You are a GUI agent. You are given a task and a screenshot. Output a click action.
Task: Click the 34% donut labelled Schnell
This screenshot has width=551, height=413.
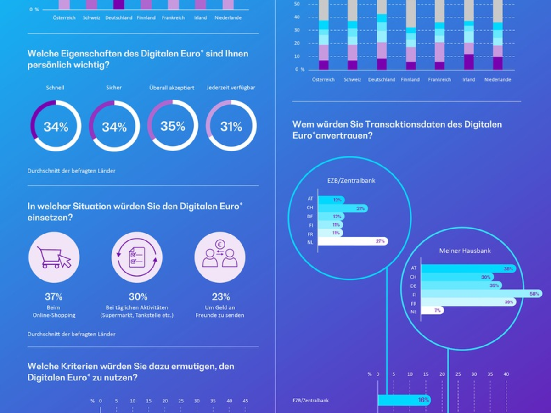point(56,126)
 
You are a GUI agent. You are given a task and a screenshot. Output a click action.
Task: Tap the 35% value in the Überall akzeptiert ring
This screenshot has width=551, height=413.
point(173,126)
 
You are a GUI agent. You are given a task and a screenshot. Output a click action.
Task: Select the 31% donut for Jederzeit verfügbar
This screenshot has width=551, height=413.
point(231,126)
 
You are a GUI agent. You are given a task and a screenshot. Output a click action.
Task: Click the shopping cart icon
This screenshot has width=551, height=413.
point(54,257)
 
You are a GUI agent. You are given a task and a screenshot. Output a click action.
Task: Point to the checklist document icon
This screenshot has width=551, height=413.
point(137,257)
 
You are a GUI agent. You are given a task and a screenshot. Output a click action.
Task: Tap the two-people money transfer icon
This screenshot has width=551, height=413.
point(219,257)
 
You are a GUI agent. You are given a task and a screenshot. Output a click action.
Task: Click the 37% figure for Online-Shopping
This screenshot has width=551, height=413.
point(54,297)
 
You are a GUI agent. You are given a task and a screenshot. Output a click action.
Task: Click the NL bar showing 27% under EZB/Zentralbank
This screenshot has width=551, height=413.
point(353,241)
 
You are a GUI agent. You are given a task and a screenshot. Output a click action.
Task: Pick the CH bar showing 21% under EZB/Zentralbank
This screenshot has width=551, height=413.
point(343,208)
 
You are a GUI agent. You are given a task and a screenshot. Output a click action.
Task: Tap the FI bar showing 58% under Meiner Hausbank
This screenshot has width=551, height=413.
point(481,294)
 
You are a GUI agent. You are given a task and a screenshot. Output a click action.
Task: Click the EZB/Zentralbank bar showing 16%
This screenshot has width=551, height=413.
point(404,400)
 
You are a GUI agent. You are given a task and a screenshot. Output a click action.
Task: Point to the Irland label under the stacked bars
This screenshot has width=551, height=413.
point(469,79)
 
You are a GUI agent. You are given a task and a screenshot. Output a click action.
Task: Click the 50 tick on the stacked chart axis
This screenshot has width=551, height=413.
point(297,4)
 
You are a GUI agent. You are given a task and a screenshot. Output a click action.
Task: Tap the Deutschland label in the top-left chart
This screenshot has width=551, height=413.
point(118,18)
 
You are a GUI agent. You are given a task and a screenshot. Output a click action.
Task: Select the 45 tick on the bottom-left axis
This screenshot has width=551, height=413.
point(245,401)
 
